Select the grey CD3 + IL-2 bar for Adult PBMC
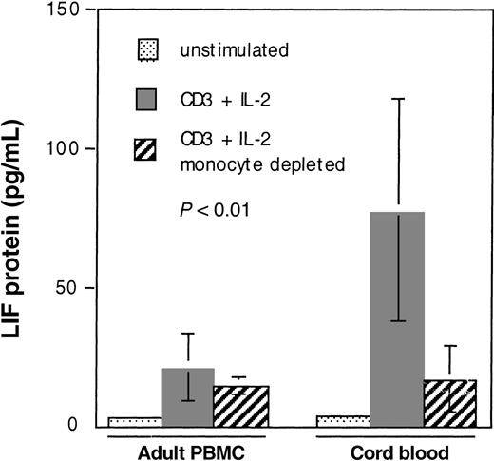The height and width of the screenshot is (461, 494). (x=188, y=396)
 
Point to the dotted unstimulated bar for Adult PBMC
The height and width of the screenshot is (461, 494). (x=134, y=421)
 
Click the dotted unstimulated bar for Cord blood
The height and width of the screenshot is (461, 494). (x=342, y=420)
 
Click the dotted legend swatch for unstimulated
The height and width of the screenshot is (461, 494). (x=149, y=48)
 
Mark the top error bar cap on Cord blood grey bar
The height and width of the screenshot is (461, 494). (x=397, y=98)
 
